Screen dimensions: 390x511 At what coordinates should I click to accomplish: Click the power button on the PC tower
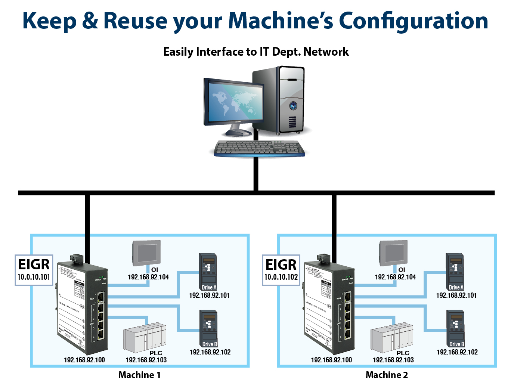(x=293, y=106)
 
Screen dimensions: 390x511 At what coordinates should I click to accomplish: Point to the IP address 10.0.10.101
(x=34, y=277)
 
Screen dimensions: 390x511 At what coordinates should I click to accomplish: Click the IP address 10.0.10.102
(x=281, y=277)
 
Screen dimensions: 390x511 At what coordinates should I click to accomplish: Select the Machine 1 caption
(x=139, y=375)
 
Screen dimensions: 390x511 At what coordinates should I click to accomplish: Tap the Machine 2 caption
(x=387, y=375)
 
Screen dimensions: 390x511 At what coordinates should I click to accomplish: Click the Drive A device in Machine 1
(x=208, y=271)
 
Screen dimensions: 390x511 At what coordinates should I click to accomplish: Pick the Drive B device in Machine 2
(x=456, y=328)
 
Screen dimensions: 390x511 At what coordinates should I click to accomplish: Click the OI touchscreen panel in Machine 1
(x=146, y=253)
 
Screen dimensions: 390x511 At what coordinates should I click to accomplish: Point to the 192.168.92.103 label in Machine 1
(x=146, y=360)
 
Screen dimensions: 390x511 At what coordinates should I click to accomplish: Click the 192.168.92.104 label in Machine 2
(x=395, y=277)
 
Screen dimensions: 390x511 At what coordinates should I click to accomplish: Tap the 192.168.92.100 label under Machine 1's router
(x=84, y=360)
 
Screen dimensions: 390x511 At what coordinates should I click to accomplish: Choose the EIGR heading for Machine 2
(x=281, y=264)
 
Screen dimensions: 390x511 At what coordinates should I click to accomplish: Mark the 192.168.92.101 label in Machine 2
(x=456, y=295)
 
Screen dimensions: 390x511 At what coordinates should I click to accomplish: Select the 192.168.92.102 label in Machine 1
(x=210, y=352)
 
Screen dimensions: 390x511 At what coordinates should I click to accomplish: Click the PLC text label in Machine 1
(x=156, y=353)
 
